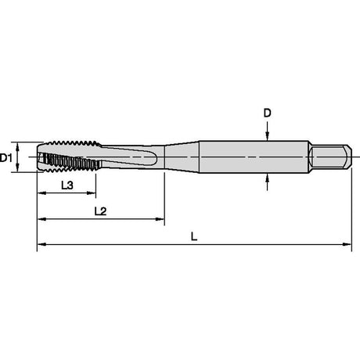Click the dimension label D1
point(5,158)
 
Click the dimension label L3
point(67,185)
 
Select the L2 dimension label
point(100,211)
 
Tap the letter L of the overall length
point(194,236)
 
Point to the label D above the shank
point(268,113)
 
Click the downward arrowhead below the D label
point(267,136)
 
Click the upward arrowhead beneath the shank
point(267,178)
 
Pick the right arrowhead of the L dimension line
point(347,244)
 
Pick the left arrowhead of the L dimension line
point(41,244)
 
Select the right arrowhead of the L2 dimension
point(160,219)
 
